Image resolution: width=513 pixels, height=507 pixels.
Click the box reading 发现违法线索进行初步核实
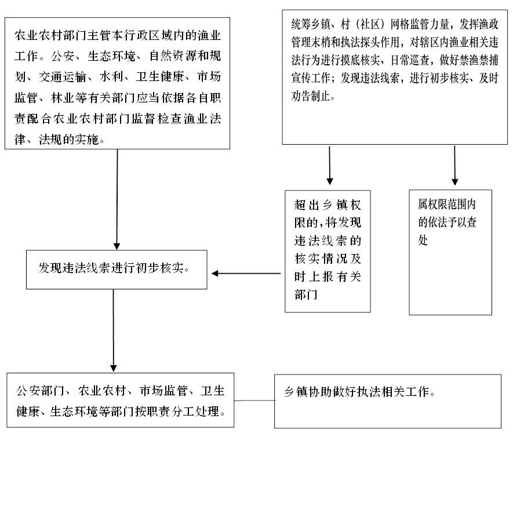(117, 270)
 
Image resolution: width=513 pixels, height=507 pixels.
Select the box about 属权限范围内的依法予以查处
(450, 252)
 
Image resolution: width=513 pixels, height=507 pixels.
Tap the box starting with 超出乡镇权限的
(328, 251)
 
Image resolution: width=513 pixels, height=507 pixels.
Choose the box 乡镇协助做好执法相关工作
(388, 401)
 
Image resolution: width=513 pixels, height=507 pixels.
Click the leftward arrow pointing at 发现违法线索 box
(246, 273)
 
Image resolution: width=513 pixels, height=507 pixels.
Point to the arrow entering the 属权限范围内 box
(454, 166)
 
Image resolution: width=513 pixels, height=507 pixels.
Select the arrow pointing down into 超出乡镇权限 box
(329, 166)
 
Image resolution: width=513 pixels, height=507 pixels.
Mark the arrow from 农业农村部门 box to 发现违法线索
(117, 200)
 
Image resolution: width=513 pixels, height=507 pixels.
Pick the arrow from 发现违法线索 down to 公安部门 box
(113, 330)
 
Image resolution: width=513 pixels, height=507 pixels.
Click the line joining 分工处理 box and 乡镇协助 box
(254, 401)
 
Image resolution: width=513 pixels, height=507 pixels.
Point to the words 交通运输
(63, 77)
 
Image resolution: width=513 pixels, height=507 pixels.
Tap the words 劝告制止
(311, 96)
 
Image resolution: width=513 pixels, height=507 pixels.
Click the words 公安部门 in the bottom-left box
(40, 391)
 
